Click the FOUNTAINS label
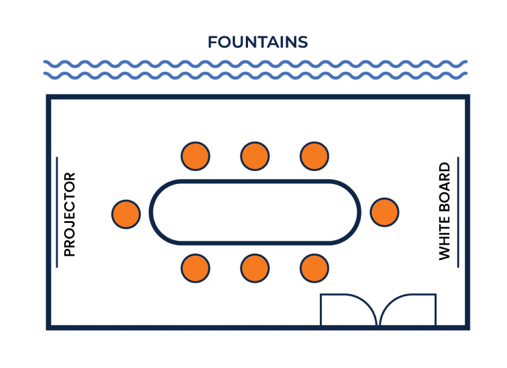(258, 42)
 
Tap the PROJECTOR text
(70, 215)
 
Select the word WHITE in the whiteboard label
(444, 238)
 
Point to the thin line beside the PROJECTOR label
(57, 212)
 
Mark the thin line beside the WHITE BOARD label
(458, 212)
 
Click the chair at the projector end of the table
(126, 214)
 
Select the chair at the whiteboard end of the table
(385, 212)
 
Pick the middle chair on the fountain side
(255, 156)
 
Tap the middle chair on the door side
(255, 268)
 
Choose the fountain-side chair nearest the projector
(195, 156)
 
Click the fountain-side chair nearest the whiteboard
(314, 156)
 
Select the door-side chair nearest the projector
(195, 268)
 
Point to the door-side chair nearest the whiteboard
(314, 268)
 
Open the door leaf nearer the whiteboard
(408, 295)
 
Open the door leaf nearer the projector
(347, 295)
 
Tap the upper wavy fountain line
(256, 64)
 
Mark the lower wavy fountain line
(256, 76)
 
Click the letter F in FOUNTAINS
(212, 42)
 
